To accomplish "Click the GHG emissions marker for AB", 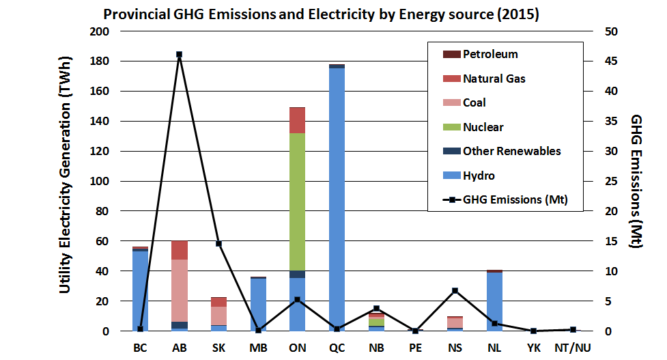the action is click(179, 55).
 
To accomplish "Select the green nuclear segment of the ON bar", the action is click(298, 202).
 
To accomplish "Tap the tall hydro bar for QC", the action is click(337, 199).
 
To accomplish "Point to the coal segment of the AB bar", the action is click(180, 290).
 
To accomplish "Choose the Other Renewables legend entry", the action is click(502, 151).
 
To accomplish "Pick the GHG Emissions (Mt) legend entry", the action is click(505, 199).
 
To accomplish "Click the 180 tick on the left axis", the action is click(100, 61).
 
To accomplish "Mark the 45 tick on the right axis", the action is click(611, 61).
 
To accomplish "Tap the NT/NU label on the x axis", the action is click(573, 348).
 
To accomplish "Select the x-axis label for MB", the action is click(258, 348).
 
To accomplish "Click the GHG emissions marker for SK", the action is click(218, 244).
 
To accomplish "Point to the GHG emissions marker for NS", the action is click(455, 290).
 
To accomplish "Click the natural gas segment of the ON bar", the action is click(298, 120).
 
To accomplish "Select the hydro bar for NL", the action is click(494, 302).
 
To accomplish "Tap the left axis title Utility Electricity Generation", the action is click(65, 174).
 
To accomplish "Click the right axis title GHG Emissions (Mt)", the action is click(636, 181).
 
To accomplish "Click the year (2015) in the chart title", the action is click(517, 14).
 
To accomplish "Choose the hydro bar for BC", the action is click(140, 291).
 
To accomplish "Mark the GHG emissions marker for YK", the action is click(533, 331).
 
